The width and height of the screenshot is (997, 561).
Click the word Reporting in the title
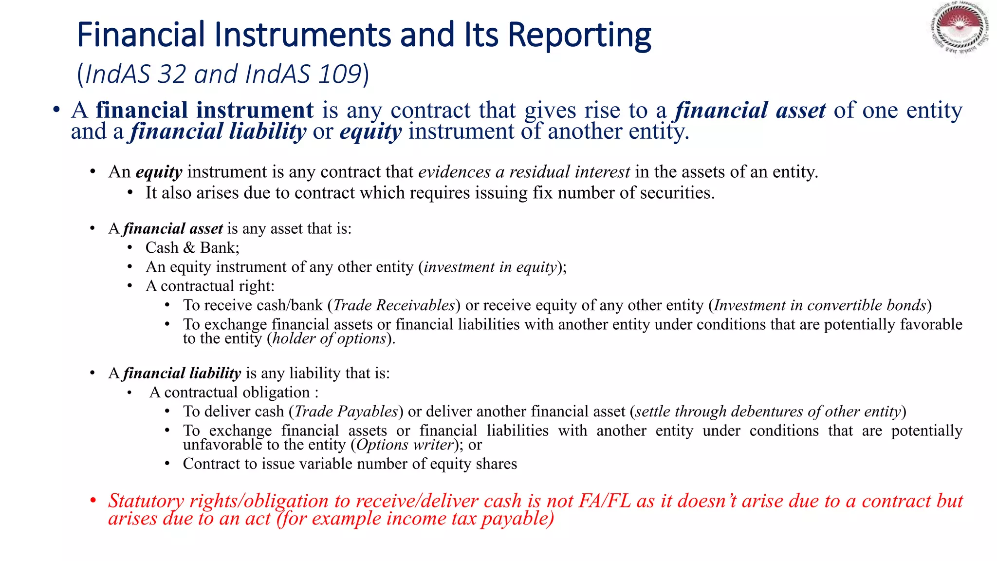pos(579,35)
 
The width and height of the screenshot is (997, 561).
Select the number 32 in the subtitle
pos(172,75)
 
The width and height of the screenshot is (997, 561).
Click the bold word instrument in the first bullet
pos(255,110)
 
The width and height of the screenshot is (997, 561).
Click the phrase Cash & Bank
pos(192,248)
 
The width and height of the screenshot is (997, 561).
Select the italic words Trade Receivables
pos(393,305)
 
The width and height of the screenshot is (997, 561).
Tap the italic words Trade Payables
pos(346,411)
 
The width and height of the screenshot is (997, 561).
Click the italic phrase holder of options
pos(329,338)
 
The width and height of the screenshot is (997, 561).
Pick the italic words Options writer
pos(405,445)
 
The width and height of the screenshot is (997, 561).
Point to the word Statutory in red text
pos(146,501)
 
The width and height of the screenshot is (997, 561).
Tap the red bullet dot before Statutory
pos(92,501)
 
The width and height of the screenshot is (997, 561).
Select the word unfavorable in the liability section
pos(222,445)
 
